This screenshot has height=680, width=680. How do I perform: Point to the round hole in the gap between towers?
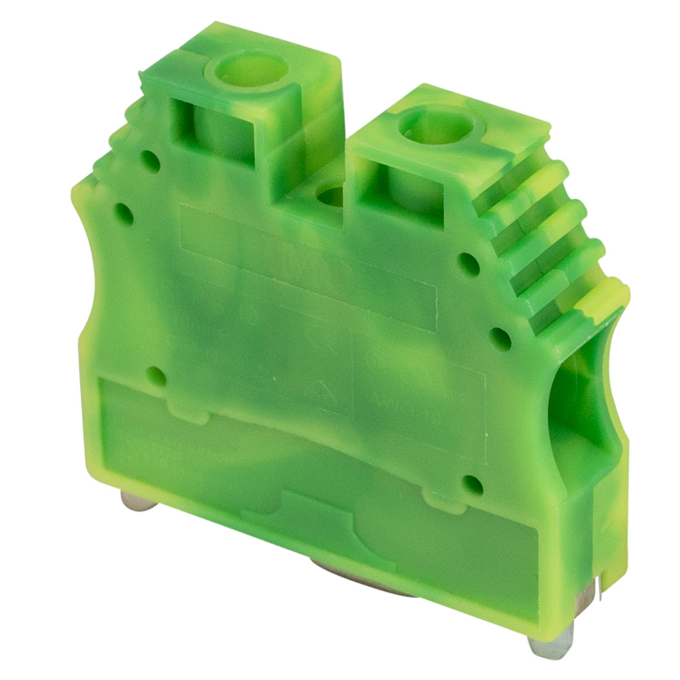tap(331, 197)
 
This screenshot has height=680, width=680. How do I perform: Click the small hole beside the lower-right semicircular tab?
tap(472, 485)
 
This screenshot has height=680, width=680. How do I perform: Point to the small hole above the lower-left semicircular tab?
tap(156, 375)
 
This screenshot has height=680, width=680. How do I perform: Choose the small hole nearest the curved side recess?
tap(500, 338)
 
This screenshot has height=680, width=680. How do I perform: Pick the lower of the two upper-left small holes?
tap(123, 212)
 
